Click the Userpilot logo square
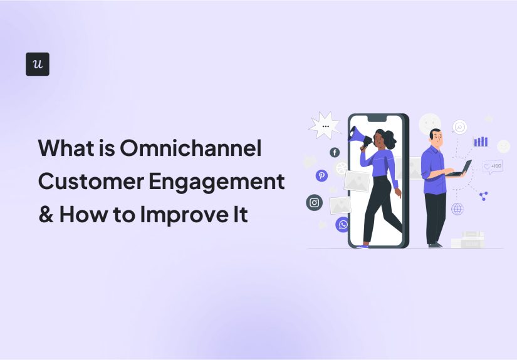click(x=38, y=64)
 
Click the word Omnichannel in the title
click(x=190, y=149)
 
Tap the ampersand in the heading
click(x=46, y=215)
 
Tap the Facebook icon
click(x=335, y=152)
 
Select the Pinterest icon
click(x=321, y=175)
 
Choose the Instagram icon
click(x=314, y=202)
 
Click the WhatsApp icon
click(x=342, y=224)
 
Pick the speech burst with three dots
click(x=325, y=125)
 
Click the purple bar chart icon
click(x=481, y=141)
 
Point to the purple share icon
click(x=483, y=196)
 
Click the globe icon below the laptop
click(x=457, y=208)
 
